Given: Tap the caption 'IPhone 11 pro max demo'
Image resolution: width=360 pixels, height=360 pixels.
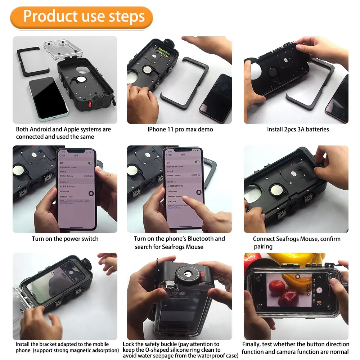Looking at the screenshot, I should pos(180,129).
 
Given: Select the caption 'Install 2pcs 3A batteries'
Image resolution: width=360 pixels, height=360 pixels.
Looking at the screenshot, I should pos(298,129).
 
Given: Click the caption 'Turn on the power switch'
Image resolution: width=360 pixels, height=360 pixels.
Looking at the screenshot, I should pos(65,239).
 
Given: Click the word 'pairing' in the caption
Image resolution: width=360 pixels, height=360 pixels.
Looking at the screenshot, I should pos(263,247).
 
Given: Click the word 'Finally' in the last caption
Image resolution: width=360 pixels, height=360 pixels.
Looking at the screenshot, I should pos(251,344).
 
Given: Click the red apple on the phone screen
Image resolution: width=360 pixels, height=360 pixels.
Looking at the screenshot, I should pos(277,288).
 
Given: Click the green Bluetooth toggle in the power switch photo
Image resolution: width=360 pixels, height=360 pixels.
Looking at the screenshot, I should pos(90,163).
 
